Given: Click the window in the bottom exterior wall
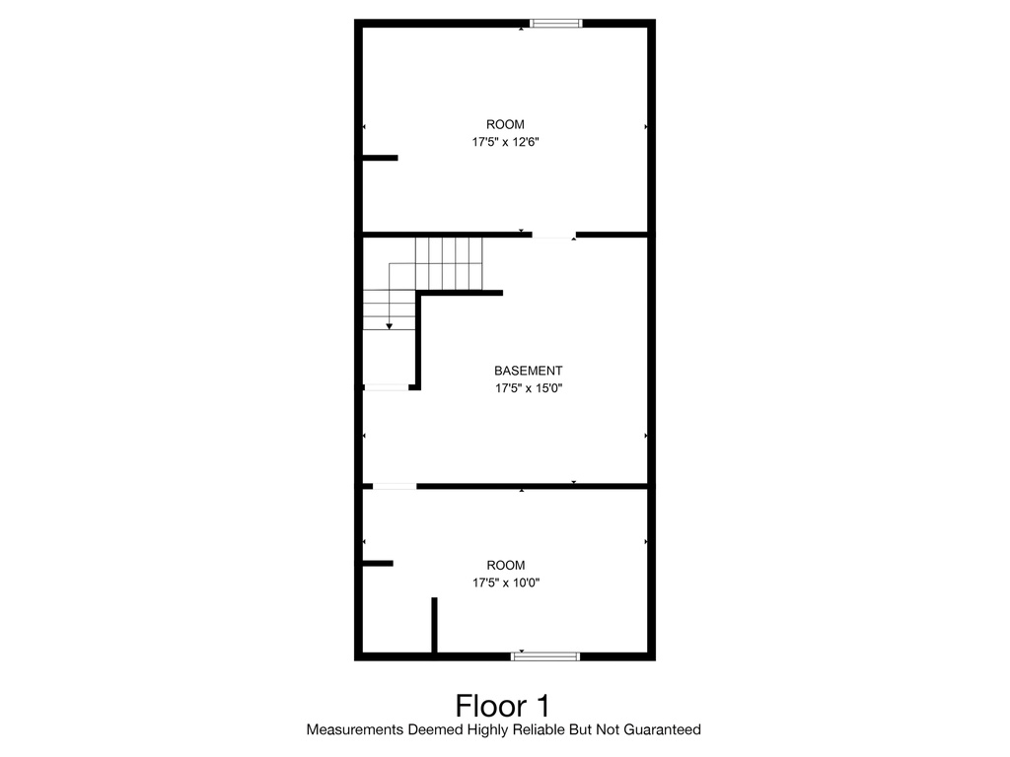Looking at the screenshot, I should pos(545,655).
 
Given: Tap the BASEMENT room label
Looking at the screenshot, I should pos(529,371).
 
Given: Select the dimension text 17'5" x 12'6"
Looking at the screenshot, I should pos(505,142).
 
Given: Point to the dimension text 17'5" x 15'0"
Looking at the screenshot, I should pos(529,388).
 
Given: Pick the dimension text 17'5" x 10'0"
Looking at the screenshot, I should pos(505,583).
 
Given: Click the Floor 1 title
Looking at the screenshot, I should pos(503,706).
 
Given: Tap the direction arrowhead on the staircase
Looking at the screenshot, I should pos(390,326).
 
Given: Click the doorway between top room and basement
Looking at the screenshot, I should pos(553,235).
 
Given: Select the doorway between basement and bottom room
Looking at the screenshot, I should pos(395,486).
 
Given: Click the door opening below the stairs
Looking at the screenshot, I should pos(387,387).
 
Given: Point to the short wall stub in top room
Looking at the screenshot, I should pos(380,158).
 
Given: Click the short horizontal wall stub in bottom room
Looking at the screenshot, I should pos(378,564).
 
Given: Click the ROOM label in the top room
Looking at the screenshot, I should pos(505,124).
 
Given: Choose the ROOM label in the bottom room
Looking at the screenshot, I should pos(505,565).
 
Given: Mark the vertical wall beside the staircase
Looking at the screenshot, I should pos(419,340).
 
